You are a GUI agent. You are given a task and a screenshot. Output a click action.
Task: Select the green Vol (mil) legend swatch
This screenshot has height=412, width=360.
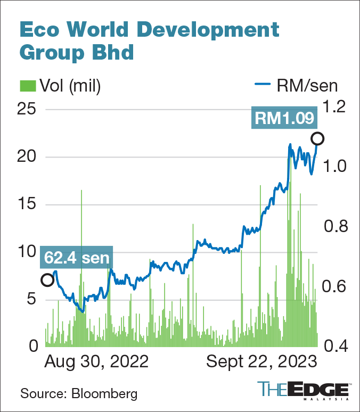point(28,85)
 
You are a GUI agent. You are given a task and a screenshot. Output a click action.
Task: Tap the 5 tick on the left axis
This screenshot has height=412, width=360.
point(33,299)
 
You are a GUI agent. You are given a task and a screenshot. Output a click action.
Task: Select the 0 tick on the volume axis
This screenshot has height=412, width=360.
point(33,346)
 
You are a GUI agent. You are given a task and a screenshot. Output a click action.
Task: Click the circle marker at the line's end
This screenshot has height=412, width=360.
point(318,139)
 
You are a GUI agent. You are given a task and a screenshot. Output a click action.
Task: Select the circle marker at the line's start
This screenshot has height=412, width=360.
point(47,280)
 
